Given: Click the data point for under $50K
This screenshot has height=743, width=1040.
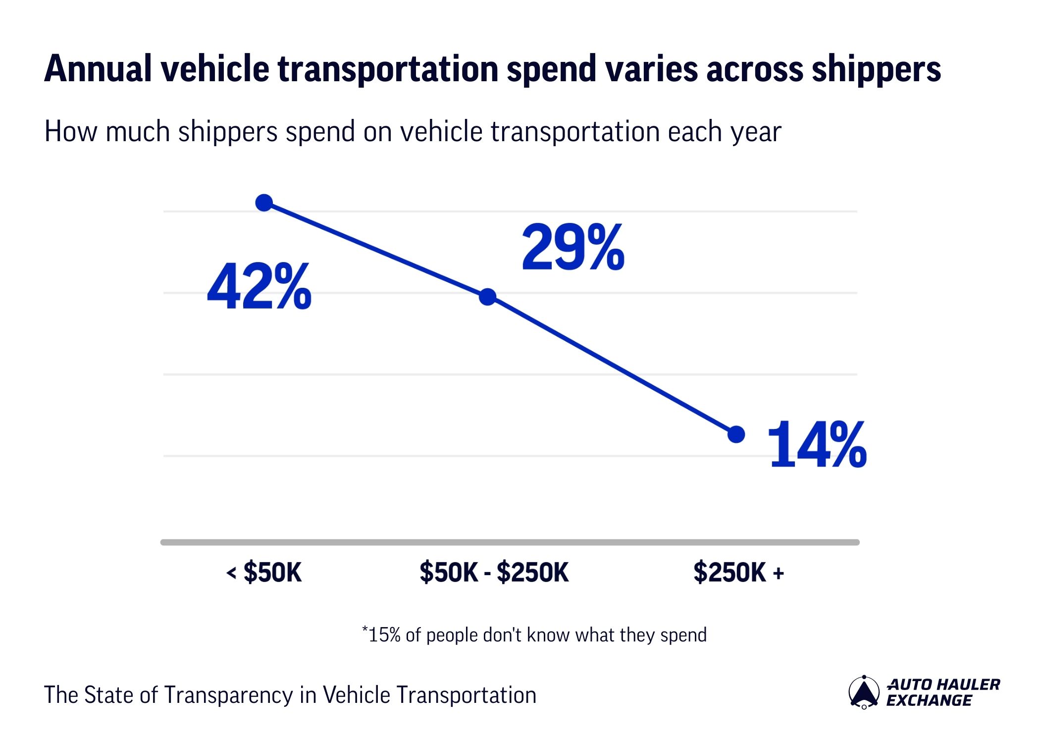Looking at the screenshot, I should point(264,203).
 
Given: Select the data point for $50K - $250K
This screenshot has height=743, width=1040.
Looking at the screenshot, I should point(488,297).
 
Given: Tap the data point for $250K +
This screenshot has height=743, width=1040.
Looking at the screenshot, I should point(736,434).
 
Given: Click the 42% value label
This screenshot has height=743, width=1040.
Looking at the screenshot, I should point(259,287).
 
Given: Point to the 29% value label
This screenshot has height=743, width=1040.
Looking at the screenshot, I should point(573,247).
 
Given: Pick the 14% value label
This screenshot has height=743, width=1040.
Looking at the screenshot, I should point(817,445).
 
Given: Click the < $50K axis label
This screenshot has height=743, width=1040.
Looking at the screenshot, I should point(264,573).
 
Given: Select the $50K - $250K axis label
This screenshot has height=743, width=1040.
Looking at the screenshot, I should point(494,573).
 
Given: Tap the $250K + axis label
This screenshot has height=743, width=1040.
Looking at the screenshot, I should point(738,573).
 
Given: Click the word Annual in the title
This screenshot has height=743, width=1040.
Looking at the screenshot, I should point(98,69).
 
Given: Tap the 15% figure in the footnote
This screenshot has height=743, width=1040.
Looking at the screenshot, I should point(384,635).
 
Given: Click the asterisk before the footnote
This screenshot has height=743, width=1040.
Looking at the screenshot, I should point(365,629).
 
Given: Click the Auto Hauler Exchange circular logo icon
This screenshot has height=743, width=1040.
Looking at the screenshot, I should point(864,692).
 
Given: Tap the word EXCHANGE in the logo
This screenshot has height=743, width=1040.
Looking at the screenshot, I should point(929,700).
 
